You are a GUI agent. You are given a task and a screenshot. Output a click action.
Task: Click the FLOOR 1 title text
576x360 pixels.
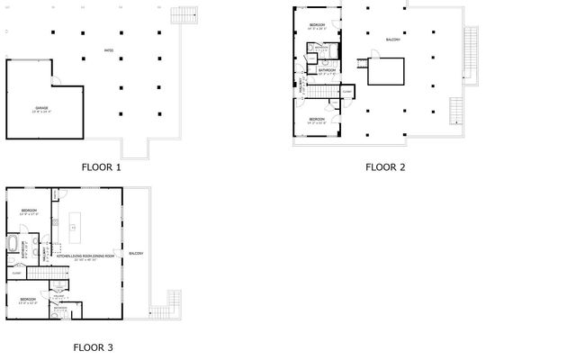101,166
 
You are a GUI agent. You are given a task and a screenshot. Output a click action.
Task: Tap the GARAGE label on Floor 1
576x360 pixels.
42,108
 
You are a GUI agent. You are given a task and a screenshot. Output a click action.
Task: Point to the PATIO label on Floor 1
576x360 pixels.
109,50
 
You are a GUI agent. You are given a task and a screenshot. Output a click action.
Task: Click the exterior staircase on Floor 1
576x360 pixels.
184,19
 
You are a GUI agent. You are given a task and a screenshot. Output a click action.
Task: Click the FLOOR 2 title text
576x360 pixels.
386,166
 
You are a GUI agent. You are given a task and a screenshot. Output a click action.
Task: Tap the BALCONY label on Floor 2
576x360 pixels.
392,40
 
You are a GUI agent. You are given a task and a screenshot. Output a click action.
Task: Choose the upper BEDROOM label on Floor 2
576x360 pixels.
317,24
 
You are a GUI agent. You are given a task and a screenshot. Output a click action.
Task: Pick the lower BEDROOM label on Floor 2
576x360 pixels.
317,119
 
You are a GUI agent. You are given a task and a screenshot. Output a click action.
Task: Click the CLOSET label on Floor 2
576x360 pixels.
347,91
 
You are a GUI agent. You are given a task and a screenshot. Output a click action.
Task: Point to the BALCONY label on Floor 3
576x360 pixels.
136,253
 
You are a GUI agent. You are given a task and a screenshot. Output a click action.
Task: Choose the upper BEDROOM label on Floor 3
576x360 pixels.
28,211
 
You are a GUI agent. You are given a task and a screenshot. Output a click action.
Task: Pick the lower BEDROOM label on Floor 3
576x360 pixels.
28,298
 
